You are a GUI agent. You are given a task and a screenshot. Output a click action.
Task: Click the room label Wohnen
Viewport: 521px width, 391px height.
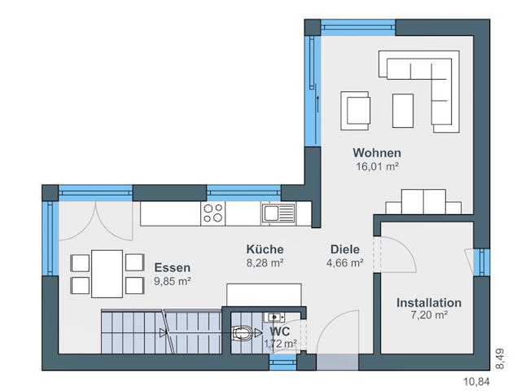click(377, 153)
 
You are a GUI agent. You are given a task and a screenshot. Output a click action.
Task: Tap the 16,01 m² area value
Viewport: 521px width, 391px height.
click(377, 167)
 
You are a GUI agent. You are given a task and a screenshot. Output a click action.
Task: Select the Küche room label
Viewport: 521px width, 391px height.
click(265, 249)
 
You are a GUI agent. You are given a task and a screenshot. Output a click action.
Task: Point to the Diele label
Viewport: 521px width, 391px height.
click(344, 249)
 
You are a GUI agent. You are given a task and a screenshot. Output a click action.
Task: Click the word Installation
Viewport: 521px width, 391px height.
click(428, 302)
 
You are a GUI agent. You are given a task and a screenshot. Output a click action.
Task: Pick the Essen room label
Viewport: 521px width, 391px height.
click(172, 267)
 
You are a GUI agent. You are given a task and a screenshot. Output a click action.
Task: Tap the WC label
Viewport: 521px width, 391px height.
click(280, 332)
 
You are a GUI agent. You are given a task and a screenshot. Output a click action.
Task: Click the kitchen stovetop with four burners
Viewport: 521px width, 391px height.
click(213, 213)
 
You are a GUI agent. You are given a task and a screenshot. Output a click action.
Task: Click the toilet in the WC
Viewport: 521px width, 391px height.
click(245, 332)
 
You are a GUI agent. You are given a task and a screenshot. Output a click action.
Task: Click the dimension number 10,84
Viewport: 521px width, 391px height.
click(477, 380)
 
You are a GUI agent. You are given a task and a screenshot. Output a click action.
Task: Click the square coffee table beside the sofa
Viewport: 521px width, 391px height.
click(403, 110)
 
